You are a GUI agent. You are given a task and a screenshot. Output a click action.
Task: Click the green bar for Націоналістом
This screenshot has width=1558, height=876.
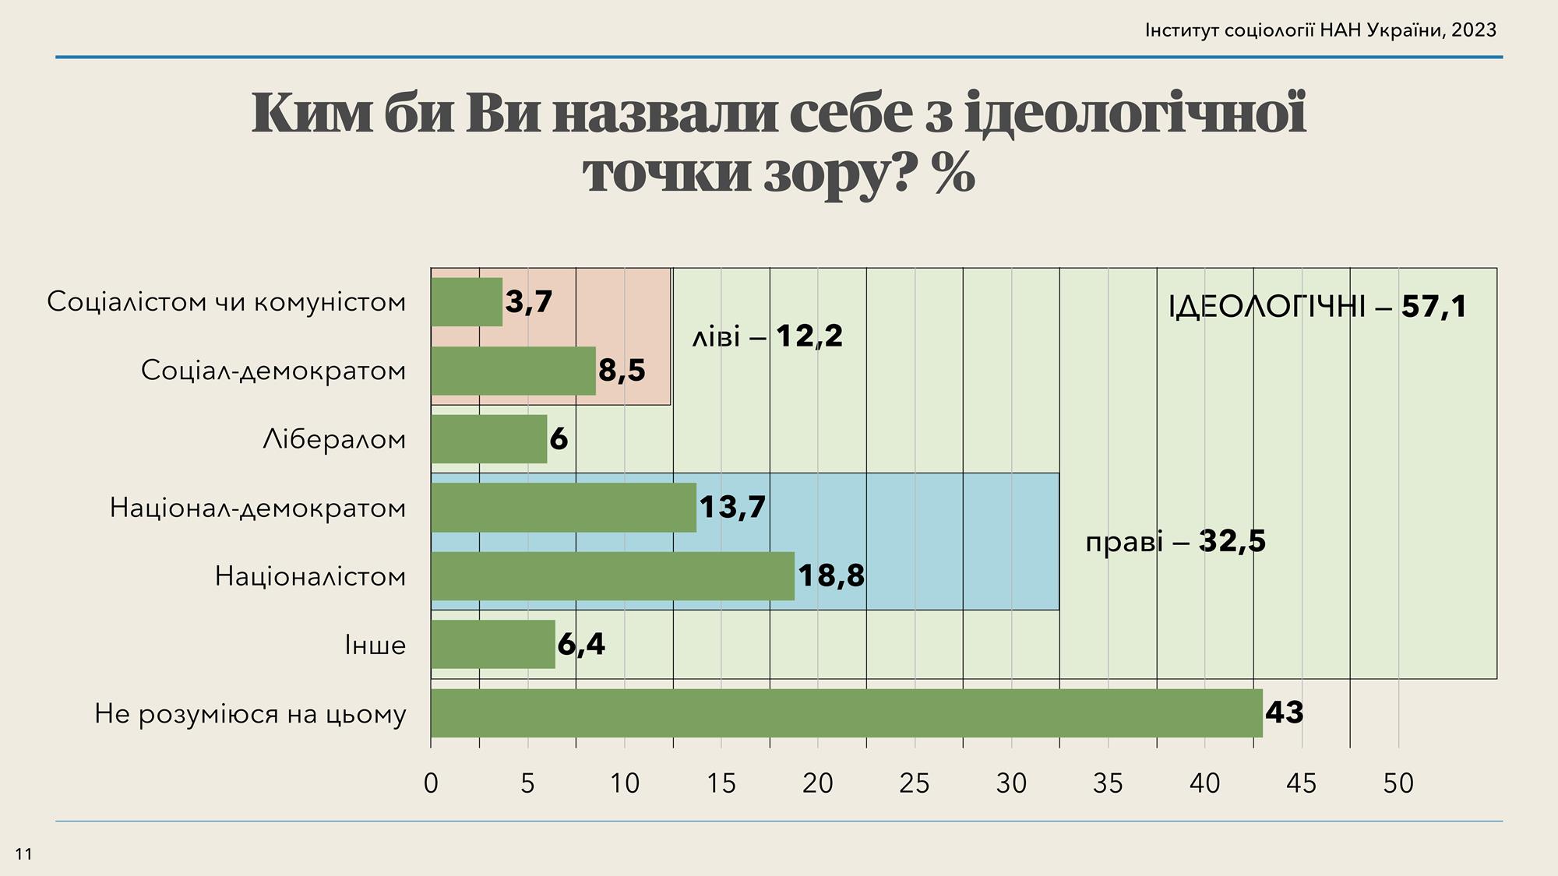pos(612,576)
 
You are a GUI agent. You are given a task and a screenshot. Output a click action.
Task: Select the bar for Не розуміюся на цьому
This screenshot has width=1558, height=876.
pos(846,713)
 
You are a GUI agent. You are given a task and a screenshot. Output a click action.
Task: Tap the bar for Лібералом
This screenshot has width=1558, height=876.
pos(489,439)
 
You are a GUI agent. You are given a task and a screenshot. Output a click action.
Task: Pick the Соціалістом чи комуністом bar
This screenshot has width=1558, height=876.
pos(467,302)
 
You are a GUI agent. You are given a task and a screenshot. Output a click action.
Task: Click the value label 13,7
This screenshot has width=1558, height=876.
pos(732,508)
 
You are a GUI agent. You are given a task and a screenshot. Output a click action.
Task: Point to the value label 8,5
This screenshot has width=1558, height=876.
pos(622,371)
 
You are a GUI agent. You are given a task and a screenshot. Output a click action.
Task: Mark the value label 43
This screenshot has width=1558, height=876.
pos(1284,713)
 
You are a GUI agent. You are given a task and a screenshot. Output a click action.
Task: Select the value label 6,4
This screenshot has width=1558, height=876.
pos(581,645)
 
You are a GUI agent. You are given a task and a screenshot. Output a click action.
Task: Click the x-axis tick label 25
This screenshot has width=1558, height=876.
pos(914,783)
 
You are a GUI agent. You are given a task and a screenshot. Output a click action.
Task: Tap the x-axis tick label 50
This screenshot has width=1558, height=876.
pos(1398,783)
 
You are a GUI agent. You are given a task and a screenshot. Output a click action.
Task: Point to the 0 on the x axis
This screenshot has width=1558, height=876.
pos(431,783)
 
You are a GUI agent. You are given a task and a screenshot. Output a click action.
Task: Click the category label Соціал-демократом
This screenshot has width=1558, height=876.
pos(273,371)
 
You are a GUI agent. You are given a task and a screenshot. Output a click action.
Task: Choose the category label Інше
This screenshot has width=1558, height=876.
pos(375,646)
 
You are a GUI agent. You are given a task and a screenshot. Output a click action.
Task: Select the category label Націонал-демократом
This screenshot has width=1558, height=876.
pos(258,508)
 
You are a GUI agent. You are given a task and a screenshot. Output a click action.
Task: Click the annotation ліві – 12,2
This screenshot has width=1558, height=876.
pos(767,337)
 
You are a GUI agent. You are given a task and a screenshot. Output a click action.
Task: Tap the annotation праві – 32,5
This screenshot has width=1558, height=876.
pos(1175,541)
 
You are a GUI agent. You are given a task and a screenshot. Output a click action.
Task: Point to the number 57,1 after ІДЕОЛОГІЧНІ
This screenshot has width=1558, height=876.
pos(1433,307)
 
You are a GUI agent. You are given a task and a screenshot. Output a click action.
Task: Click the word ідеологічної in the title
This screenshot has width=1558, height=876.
pos(1134,113)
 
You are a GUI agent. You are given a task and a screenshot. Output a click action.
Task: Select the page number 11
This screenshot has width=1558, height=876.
pos(24,854)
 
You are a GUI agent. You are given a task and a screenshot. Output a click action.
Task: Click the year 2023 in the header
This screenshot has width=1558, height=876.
pos(1474,30)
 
